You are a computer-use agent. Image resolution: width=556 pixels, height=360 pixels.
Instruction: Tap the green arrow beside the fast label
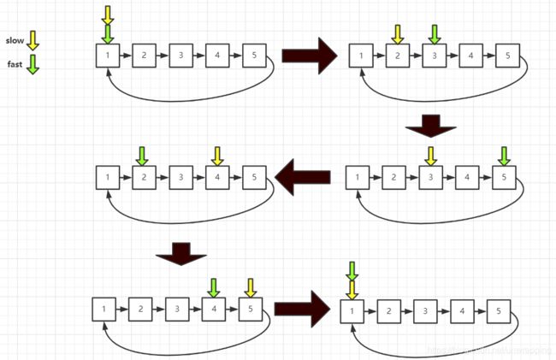33,64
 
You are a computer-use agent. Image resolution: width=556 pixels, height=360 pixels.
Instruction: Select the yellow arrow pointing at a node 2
398,34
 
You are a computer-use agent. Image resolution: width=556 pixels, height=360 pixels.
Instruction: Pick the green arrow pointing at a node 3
435,34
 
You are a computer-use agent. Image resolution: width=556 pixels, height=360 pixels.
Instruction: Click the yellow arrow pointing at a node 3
430,156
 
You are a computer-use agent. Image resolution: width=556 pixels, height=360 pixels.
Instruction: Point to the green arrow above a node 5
504,156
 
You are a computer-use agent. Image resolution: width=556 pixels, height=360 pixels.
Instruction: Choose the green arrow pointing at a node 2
142,156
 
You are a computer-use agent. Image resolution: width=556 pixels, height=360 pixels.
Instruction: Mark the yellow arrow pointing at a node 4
216,156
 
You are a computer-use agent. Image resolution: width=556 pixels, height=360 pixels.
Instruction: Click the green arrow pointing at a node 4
213,287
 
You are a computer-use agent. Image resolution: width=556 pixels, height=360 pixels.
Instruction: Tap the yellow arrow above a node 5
251,287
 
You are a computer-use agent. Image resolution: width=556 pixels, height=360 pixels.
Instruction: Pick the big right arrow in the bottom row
307,308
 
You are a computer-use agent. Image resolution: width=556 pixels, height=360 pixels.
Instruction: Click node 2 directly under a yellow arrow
398,57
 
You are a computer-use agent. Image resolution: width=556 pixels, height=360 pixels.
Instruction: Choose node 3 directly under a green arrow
435,57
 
